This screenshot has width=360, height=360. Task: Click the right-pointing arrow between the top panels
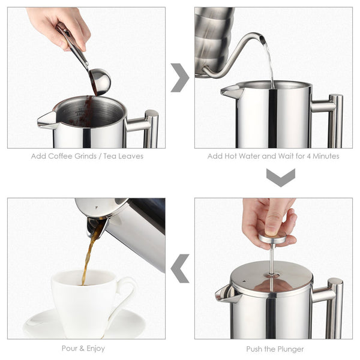[179, 77]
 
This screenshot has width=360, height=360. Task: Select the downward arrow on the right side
[280, 177]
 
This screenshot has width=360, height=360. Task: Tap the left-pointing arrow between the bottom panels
[179, 268]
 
